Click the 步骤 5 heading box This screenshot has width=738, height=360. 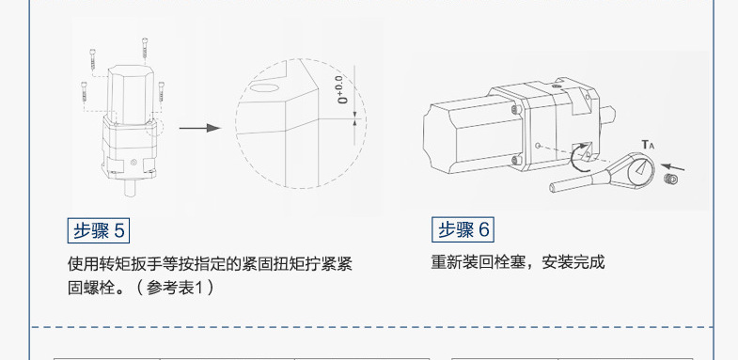pos(99,230)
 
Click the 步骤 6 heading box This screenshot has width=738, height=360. pos(463,229)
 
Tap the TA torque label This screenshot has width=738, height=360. pos(648,145)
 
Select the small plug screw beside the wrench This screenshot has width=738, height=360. pos(670,179)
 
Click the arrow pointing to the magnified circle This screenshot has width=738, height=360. pos(199,128)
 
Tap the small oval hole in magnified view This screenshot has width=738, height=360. pos(263,87)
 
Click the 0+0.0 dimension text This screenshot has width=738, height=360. pos(345,90)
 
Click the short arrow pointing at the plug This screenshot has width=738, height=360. pos(672,167)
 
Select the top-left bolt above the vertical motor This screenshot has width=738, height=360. pos(92,59)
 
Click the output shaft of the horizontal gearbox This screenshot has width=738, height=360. pos(607,115)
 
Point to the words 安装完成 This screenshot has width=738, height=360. pos(573,262)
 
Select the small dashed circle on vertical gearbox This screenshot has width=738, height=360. pos(154,127)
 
